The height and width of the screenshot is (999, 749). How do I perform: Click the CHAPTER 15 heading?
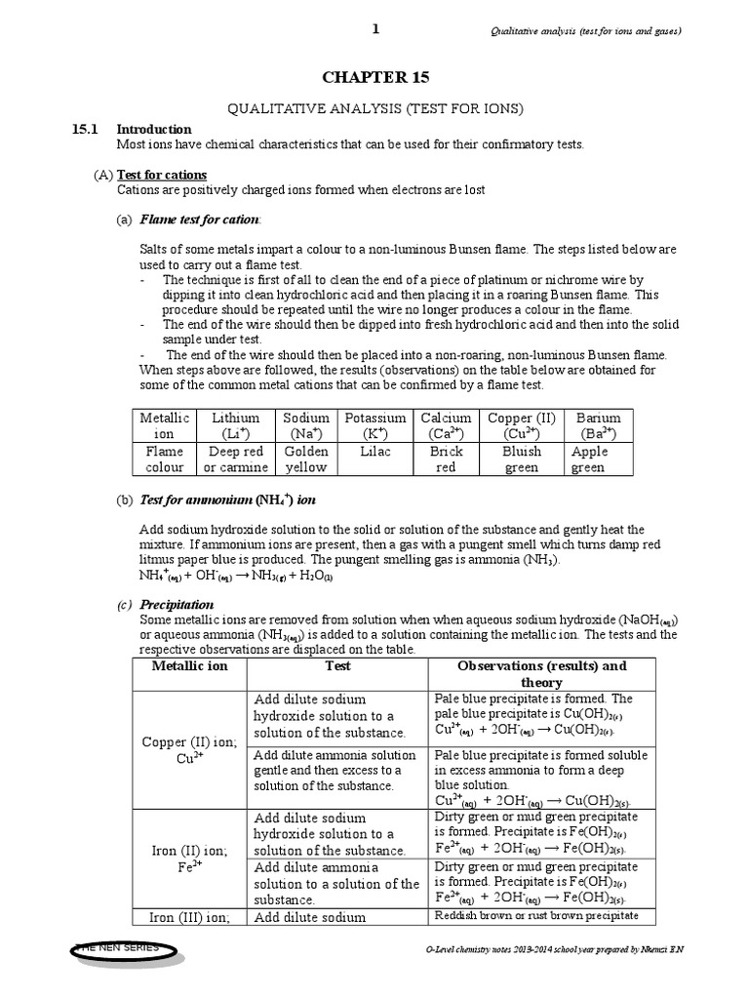(374, 77)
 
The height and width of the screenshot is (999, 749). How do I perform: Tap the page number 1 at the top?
(374, 29)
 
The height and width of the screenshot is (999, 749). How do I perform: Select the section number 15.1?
(88, 129)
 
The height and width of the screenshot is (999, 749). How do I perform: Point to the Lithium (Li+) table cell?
(235, 424)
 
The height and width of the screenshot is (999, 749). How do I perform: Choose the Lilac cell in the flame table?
(374, 452)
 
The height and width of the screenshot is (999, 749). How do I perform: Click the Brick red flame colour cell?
(445, 460)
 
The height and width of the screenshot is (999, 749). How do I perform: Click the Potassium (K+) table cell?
(374, 424)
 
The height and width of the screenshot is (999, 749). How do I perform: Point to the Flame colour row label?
(164, 460)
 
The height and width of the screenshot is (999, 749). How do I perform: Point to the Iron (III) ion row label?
(187, 916)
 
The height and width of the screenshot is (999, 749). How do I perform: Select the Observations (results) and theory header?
(542, 673)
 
